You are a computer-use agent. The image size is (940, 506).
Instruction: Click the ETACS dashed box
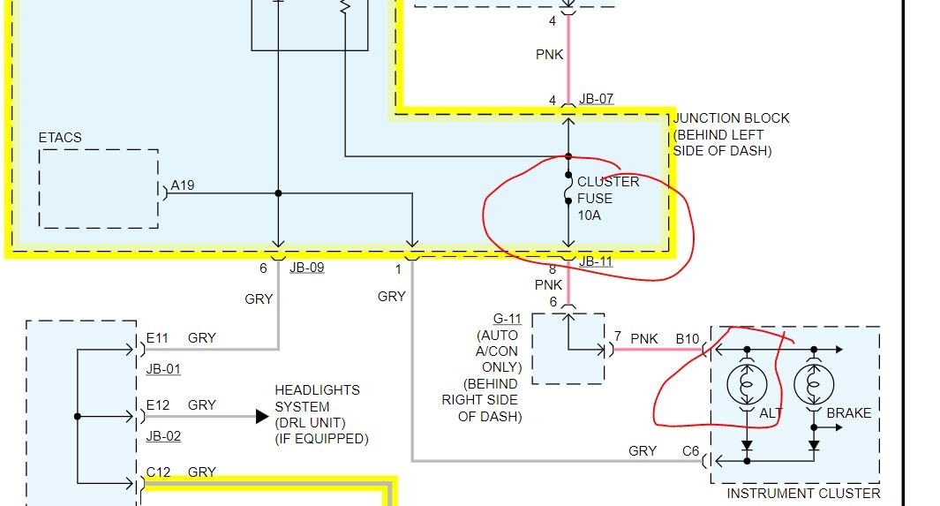pyautogui.click(x=98, y=188)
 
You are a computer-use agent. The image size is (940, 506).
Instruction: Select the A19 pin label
pyautogui.click(x=183, y=185)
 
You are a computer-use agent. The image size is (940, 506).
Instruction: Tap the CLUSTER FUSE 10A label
pyautogui.click(x=607, y=198)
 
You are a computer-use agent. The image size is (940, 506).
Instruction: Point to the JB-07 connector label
pyautogui.click(x=596, y=99)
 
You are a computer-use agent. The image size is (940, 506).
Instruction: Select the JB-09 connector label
pyautogui.click(x=306, y=268)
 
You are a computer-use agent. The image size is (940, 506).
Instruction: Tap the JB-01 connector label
pyautogui.click(x=163, y=369)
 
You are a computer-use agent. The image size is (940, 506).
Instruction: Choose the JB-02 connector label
pyautogui.click(x=163, y=436)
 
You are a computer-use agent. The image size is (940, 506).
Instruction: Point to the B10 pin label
pyautogui.click(x=688, y=338)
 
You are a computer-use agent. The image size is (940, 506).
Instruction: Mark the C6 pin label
pyautogui.click(x=690, y=451)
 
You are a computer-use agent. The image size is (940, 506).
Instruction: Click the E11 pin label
pyautogui.click(x=157, y=338)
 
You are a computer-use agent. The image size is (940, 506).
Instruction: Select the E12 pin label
pyautogui.click(x=157, y=405)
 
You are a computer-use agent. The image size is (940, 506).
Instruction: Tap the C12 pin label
pyautogui.click(x=158, y=472)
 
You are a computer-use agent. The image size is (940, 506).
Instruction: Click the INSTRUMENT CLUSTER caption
pyautogui.click(x=803, y=494)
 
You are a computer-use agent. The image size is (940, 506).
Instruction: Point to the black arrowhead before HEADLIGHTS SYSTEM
pyautogui.click(x=262, y=416)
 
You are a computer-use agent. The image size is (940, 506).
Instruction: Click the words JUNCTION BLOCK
pyautogui.click(x=731, y=118)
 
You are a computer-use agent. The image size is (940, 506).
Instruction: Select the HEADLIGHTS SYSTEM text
pyautogui.click(x=317, y=398)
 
